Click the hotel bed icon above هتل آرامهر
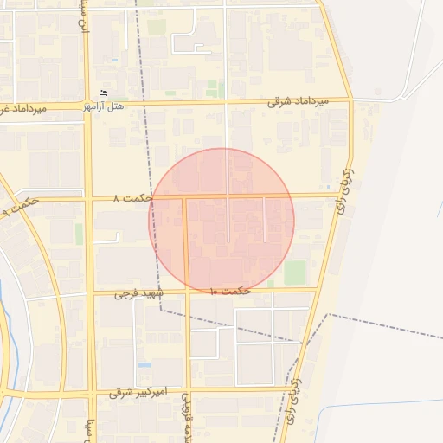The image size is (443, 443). pyautogui.click(x=104, y=93)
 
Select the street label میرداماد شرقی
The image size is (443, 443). pyautogui.click(x=299, y=101)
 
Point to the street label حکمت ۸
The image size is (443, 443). pyautogui.click(x=133, y=198)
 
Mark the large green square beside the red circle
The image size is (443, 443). pyautogui.click(x=296, y=273)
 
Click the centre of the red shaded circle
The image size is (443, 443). pyautogui.click(x=221, y=221)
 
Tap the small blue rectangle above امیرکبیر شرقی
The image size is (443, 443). pyautogui.click(x=144, y=365)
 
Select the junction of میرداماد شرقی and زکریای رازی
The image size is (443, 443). pyautogui.click(x=350, y=100)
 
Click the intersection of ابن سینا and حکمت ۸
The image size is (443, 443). pyautogui.click(x=88, y=199)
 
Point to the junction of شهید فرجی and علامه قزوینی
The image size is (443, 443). pyautogui.click(x=186, y=292)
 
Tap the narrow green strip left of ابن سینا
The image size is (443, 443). pyautogui.click(x=79, y=234)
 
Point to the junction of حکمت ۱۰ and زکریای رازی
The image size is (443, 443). pyautogui.click(x=317, y=290)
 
